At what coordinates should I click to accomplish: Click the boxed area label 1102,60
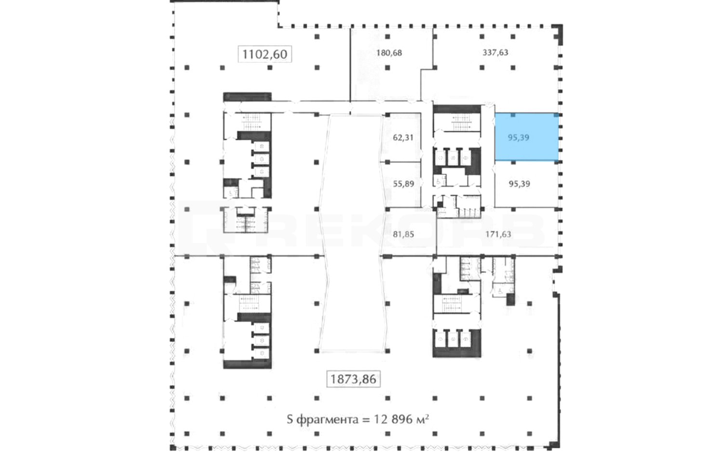click(265, 54)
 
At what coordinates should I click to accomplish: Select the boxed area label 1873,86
click(353, 379)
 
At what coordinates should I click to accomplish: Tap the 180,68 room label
click(389, 53)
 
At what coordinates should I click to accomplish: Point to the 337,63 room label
click(495, 52)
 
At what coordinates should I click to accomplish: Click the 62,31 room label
click(403, 137)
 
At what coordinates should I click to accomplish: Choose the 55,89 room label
click(403, 184)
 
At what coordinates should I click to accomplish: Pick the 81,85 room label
click(403, 234)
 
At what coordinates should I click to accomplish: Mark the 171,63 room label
click(498, 234)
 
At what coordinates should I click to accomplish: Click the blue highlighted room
click(527, 136)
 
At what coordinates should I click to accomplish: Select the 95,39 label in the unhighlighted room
click(519, 184)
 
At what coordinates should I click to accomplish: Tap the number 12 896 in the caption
click(393, 419)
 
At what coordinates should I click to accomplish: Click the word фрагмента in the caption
click(327, 420)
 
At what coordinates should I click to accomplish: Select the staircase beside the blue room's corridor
click(462, 122)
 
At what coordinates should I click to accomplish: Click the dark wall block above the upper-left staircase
click(247, 97)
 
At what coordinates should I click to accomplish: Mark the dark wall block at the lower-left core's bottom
click(247, 364)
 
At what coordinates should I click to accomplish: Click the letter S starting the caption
click(290, 419)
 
